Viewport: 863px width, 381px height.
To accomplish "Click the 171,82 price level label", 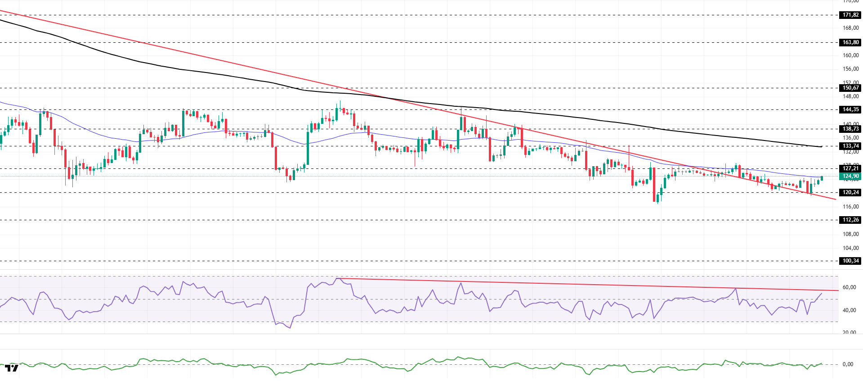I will click(850, 15).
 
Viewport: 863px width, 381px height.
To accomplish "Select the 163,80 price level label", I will click(850, 42).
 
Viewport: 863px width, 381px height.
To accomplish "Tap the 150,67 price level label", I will click(850, 88).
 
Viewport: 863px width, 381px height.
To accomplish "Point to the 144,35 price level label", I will click(850, 109).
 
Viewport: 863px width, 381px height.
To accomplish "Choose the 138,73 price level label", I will click(850, 129).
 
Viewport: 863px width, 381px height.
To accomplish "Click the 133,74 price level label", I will click(850, 146).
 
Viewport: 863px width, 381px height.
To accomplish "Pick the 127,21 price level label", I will click(850, 168).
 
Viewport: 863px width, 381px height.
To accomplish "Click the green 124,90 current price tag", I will click(850, 176).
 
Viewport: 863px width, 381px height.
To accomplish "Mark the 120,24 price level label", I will click(850, 192).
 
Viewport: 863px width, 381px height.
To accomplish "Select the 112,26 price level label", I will click(850, 220).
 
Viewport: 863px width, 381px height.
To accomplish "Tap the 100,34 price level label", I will click(850, 261).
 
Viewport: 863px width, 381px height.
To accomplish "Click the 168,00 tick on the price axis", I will click(850, 28).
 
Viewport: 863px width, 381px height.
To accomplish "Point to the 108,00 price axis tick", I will click(850, 234).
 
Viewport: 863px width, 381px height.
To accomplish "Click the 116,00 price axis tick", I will click(850, 207).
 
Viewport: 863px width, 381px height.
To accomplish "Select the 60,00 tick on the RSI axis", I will click(849, 287).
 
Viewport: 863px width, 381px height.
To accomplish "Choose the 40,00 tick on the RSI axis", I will click(849, 310).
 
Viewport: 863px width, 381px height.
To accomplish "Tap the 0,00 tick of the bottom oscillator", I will click(848, 364).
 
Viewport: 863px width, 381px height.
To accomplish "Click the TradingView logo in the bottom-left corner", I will click(12, 368).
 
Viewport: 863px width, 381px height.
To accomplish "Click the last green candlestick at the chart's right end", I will click(822, 178).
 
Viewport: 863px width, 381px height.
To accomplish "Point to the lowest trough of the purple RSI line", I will click(290, 328).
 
